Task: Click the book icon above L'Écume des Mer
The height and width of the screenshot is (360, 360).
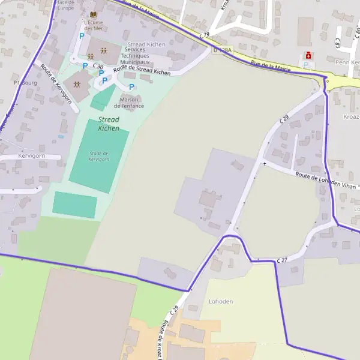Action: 92,14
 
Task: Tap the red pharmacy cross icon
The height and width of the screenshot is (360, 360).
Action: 309,55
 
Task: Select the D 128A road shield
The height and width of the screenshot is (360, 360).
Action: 221,50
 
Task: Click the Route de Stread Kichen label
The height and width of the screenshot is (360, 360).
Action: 142,71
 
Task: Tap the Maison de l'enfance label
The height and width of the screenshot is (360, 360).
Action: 132,103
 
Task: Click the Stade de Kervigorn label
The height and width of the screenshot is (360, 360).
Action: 98,156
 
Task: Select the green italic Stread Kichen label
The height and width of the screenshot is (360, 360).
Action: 109,124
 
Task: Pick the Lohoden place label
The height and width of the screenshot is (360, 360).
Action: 220,301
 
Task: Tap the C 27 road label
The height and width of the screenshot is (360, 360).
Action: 283,260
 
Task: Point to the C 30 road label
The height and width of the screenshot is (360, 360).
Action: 98,67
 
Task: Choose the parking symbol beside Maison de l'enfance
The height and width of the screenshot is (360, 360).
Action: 131,87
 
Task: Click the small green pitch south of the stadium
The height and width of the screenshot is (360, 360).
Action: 74,205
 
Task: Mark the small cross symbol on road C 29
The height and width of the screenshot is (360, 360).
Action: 264,163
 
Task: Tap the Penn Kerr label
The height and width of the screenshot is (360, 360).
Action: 346,62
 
